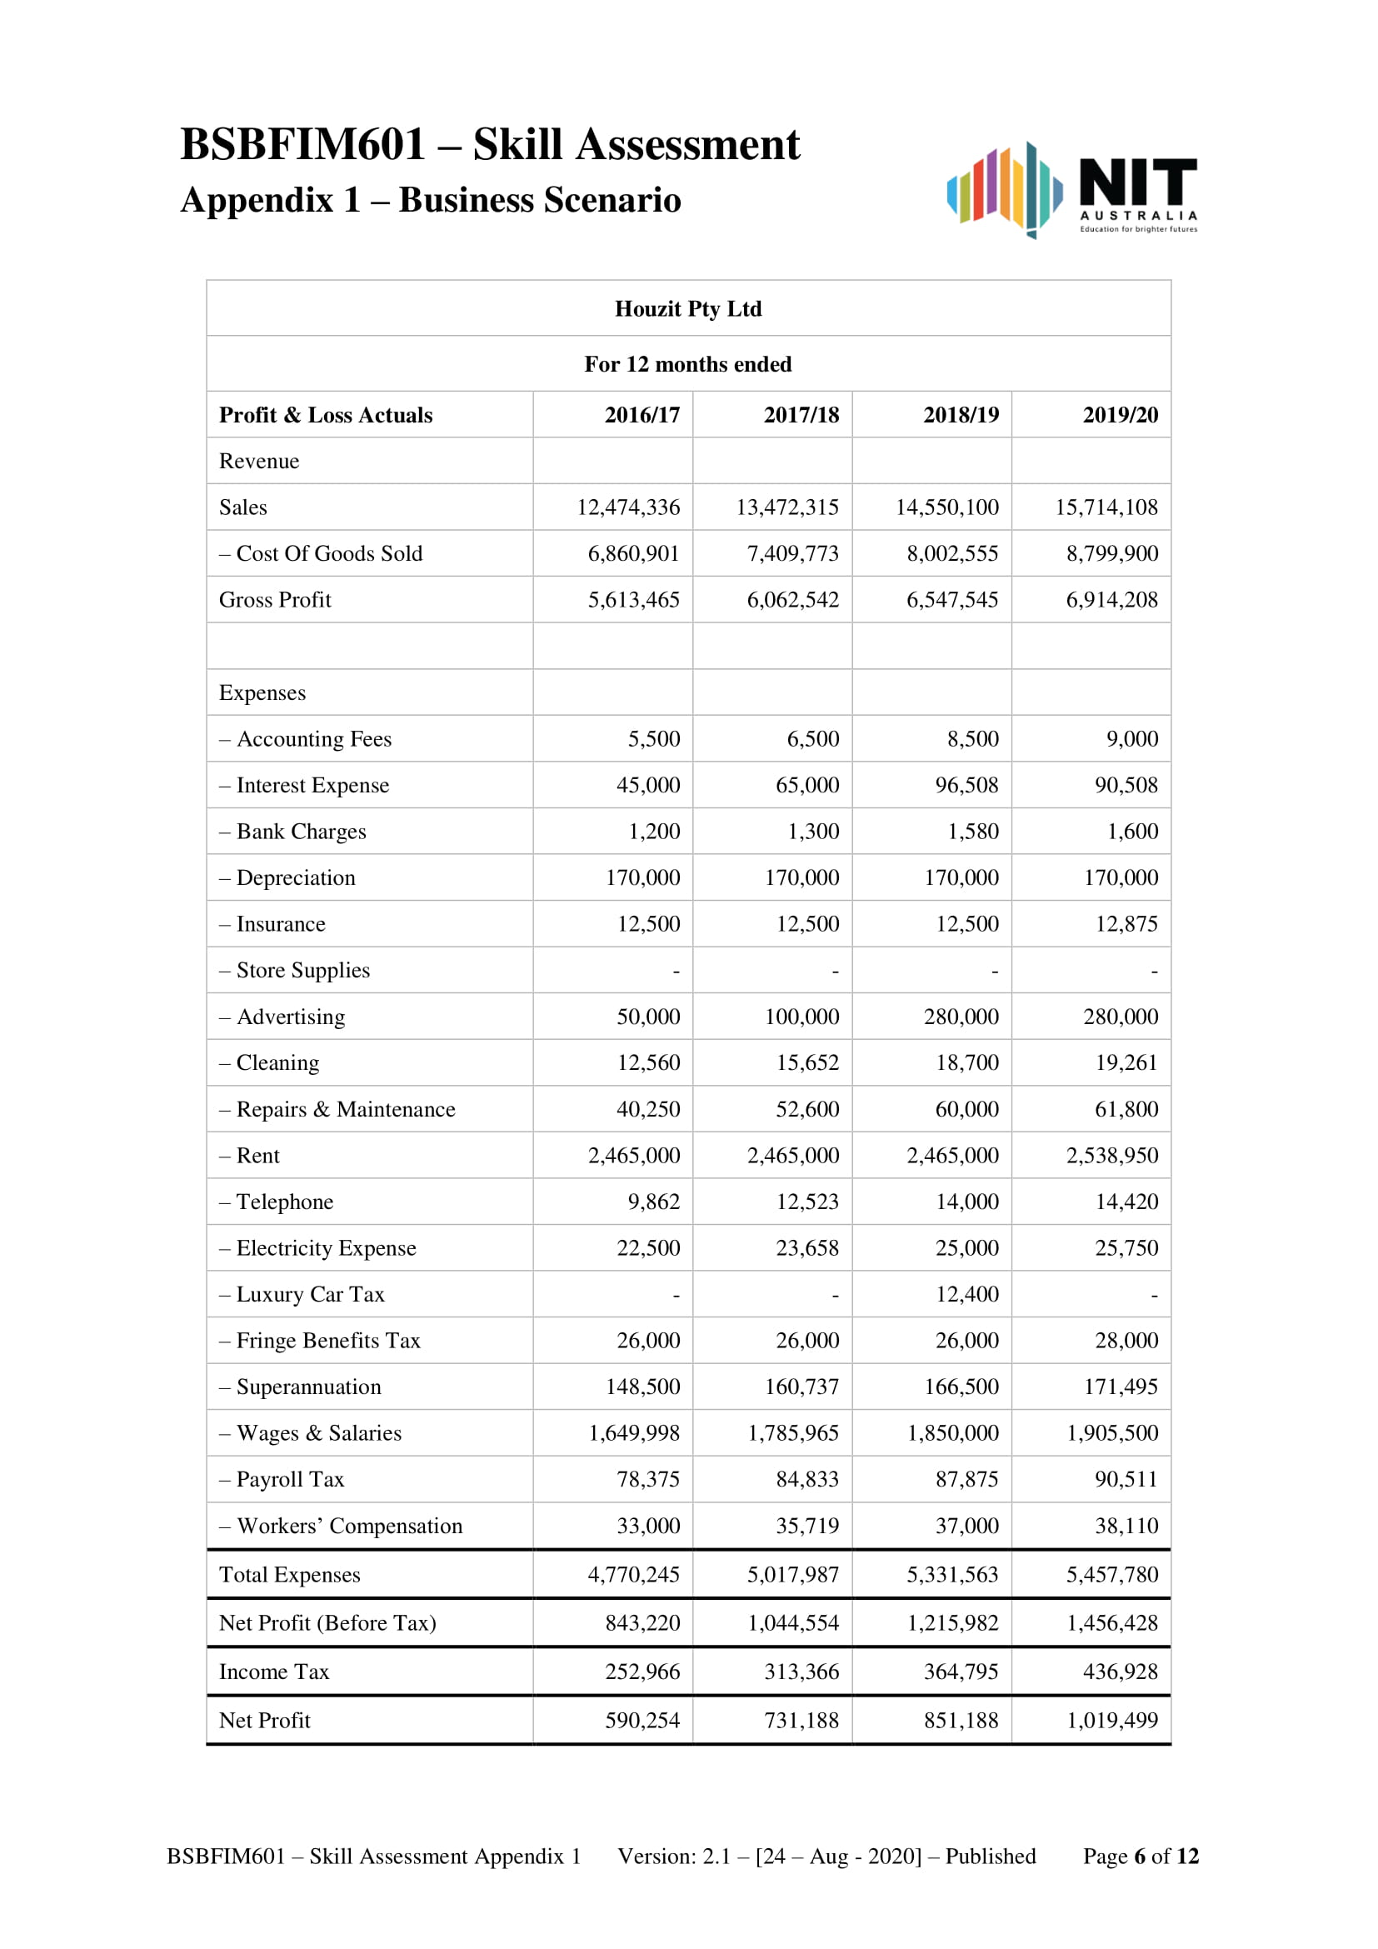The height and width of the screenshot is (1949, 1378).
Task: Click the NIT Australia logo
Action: click(x=1071, y=190)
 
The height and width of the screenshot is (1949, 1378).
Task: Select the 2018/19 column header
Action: click(x=961, y=415)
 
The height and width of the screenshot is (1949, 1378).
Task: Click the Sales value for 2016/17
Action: click(x=628, y=507)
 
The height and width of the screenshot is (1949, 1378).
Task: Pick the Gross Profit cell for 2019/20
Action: click(x=1111, y=600)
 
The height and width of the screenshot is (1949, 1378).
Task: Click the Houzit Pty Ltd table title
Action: click(x=688, y=309)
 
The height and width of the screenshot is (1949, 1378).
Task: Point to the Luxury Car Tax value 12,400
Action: click(x=966, y=1295)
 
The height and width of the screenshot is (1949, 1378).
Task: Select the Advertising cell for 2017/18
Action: click(x=801, y=1017)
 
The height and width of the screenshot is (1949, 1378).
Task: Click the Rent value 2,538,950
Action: click(x=1111, y=1155)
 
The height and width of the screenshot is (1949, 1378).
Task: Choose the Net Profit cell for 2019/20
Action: click(x=1111, y=1721)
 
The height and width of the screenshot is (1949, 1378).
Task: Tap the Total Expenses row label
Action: click(x=289, y=1575)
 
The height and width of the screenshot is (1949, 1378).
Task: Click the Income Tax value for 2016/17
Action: click(x=642, y=1672)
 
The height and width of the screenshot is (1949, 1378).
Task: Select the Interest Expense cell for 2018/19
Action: click(x=966, y=785)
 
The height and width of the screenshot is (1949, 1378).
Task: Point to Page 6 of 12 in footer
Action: click(x=1141, y=1857)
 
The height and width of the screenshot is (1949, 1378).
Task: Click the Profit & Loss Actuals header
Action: click(x=326, y=415)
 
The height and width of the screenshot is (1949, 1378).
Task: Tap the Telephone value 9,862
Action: click(x=653, y=1202)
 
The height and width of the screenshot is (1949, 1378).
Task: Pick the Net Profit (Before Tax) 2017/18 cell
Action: click(x=792, y=1623)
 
